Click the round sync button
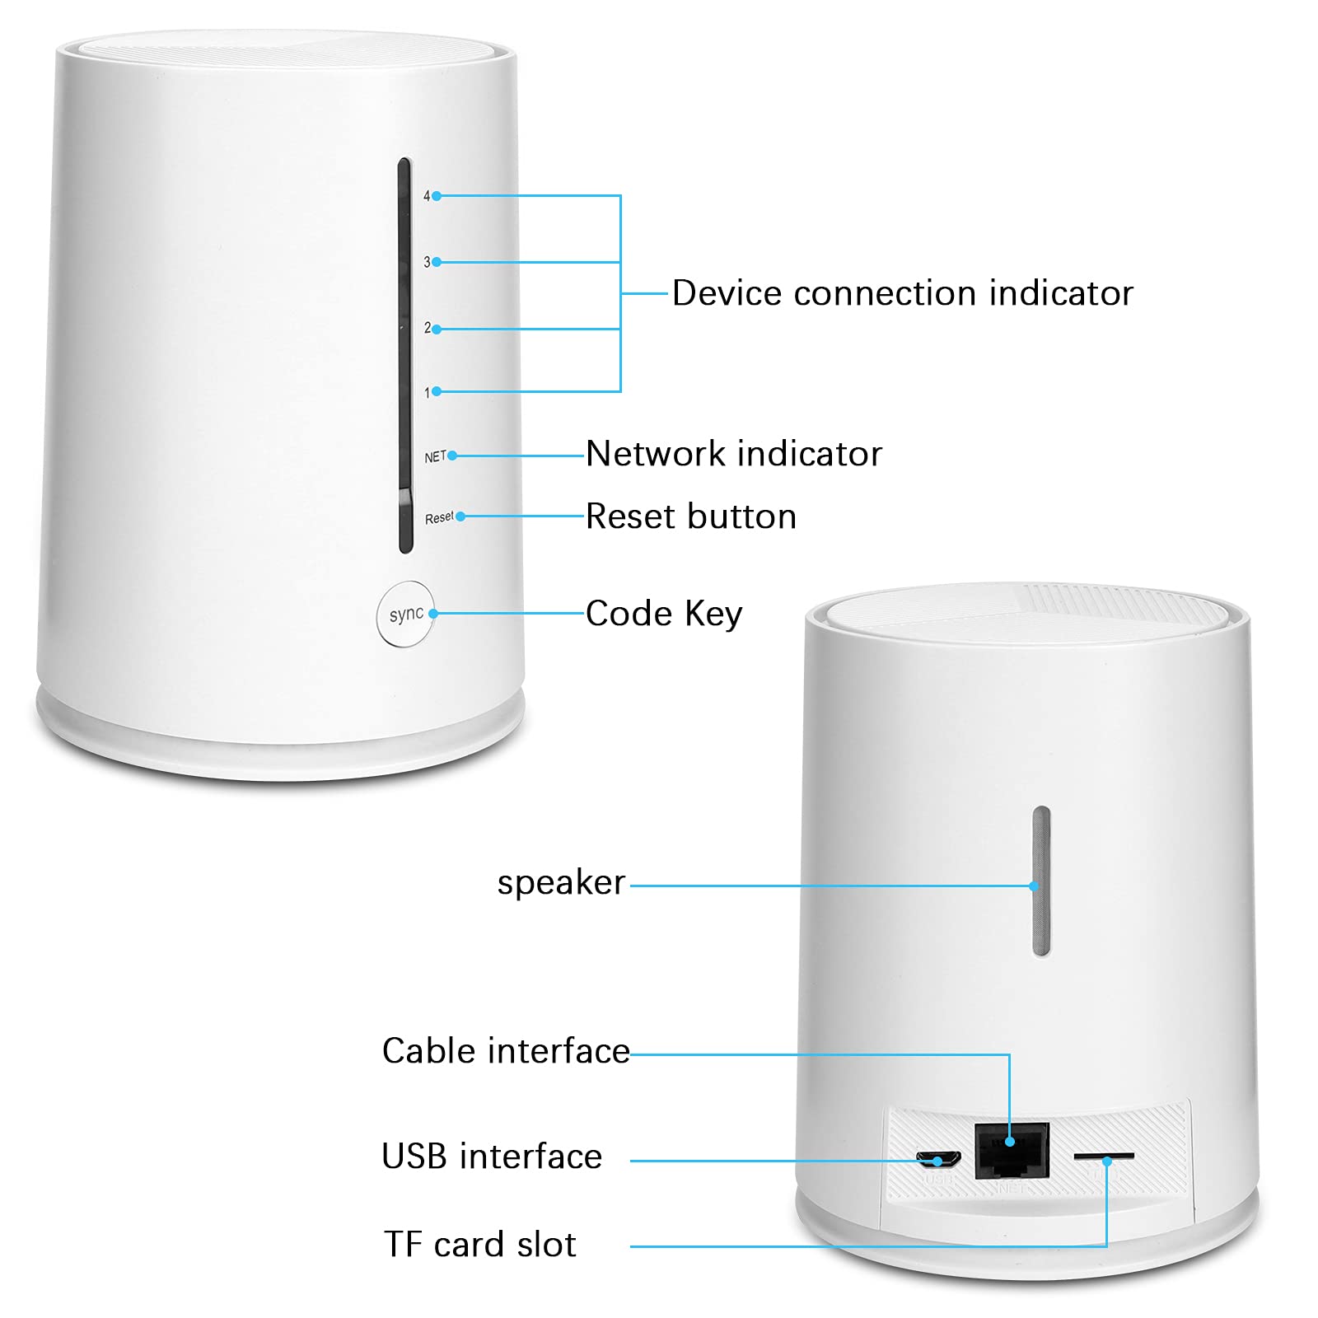tap(405, 615)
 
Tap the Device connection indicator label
tap(903, 293)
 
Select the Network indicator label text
tap(734, 454)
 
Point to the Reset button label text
tap(691, 516)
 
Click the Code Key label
tap(664, 615)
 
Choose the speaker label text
tap(561, 883)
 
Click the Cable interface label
tap(506, 1051)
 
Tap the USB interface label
tap(492, 1157)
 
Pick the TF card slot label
tap(480, 1245)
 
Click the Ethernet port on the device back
tap(1012, 1151)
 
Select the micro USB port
tap(939, 1160)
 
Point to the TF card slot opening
tap(1104, 1157)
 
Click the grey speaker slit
tap(1041, 881)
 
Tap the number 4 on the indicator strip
tap(427, 196)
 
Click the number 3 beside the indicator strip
tap(427, 262)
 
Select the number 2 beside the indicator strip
tap(428, 328)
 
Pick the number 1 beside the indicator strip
tap(428, 393)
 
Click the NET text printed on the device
tap(435, 456)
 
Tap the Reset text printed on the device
tap(439, 518)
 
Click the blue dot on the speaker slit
tap(1034, 886)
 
